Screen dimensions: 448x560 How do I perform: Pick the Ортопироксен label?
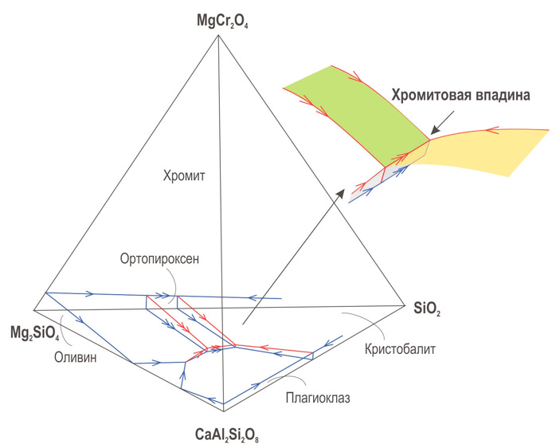159,259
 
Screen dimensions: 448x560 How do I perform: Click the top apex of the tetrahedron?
218,35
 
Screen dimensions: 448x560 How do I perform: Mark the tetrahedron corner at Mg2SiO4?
34,309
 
